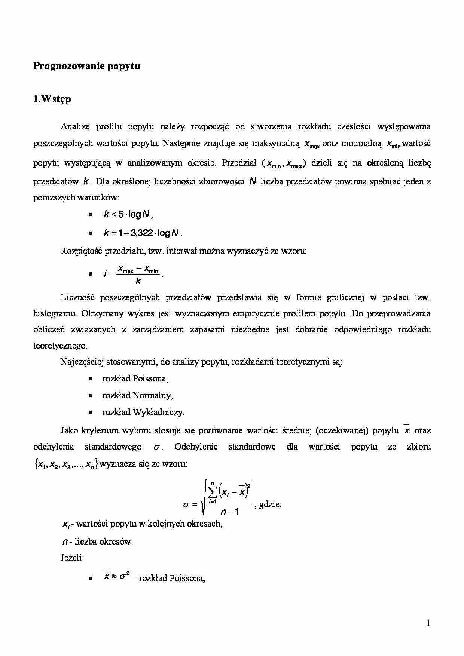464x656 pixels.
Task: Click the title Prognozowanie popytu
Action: (86, 66)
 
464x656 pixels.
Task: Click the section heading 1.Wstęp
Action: (52, 99)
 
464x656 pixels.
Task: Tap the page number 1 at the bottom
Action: (428, 623)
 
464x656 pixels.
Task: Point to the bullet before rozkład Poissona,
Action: (90, 379)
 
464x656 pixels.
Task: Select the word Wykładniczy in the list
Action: (162, 412)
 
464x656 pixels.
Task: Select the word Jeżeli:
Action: (72, 558)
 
